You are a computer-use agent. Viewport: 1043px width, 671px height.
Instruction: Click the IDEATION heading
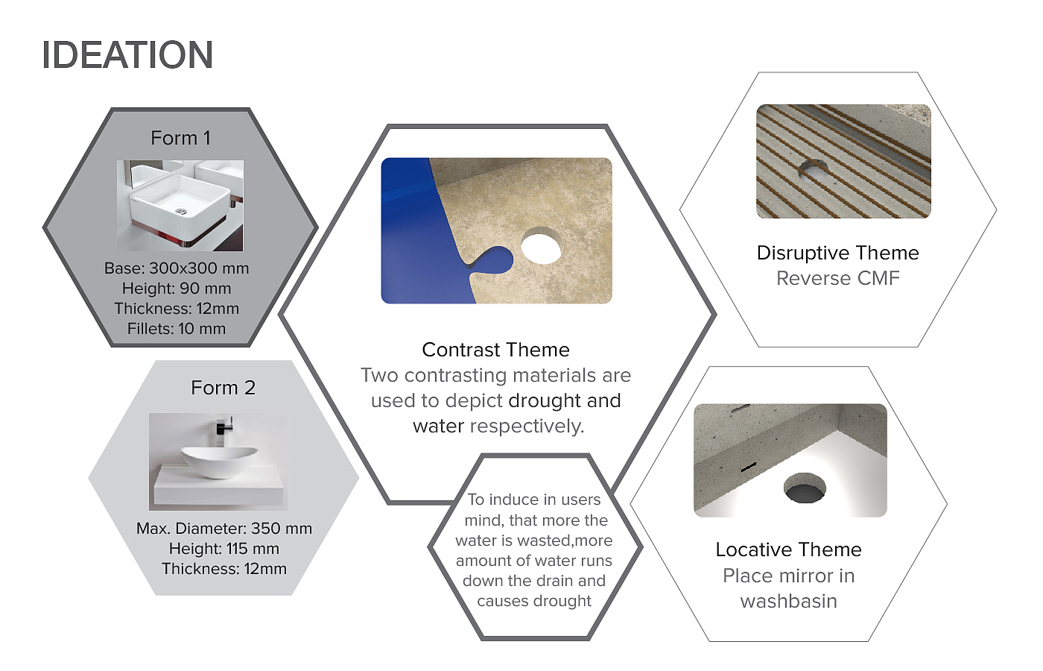[127, 55]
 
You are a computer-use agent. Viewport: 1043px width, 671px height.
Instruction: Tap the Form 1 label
[180, 138]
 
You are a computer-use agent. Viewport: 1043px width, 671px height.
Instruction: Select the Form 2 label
[223, 388]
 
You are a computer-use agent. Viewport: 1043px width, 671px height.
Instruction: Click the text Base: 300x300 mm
[177, 268]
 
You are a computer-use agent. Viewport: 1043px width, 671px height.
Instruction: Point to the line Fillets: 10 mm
[177, 329]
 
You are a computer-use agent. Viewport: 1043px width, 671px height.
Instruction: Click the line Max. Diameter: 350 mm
[224, 529]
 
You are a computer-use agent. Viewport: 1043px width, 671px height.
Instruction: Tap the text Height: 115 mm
[224, 549]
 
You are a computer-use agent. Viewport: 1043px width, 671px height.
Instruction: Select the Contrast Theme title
[495, 350]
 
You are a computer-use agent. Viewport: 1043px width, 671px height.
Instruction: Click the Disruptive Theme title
[837, 253]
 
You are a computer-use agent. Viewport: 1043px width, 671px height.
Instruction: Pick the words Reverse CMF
[837, 279]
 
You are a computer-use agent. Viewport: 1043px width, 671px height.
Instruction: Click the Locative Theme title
[788, 550]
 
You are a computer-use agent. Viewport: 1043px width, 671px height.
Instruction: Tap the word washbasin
[788, 601]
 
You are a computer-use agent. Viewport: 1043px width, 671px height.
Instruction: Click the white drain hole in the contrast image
[541, 246]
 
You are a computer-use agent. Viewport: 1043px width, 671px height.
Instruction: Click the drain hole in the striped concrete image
[814, 171]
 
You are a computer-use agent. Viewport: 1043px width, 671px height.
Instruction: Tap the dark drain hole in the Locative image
[805, 488]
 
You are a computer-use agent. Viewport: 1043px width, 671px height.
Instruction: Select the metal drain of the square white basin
[180, 212]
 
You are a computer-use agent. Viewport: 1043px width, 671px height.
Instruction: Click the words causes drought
[534, 601]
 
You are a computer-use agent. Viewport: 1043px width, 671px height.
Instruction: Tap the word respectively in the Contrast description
[527, 426]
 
